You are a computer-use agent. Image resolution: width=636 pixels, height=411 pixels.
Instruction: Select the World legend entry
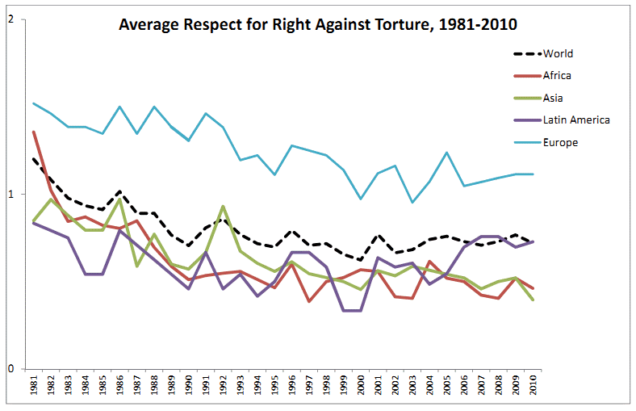click(x=558, y=54)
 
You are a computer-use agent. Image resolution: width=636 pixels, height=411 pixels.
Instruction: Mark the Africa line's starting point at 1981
click(x=34, y=132)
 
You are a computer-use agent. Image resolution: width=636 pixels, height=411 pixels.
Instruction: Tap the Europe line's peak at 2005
click(x=446, y=153)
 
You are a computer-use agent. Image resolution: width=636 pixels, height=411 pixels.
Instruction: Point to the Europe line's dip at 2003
click(x=412, y=202)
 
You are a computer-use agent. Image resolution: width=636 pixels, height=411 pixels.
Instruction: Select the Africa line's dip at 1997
click(x=309, y=301)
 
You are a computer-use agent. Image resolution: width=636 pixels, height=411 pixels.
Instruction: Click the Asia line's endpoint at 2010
click(x=533, y=300)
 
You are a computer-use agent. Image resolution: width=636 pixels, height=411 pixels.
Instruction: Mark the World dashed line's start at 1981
click(x=34, y=159)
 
